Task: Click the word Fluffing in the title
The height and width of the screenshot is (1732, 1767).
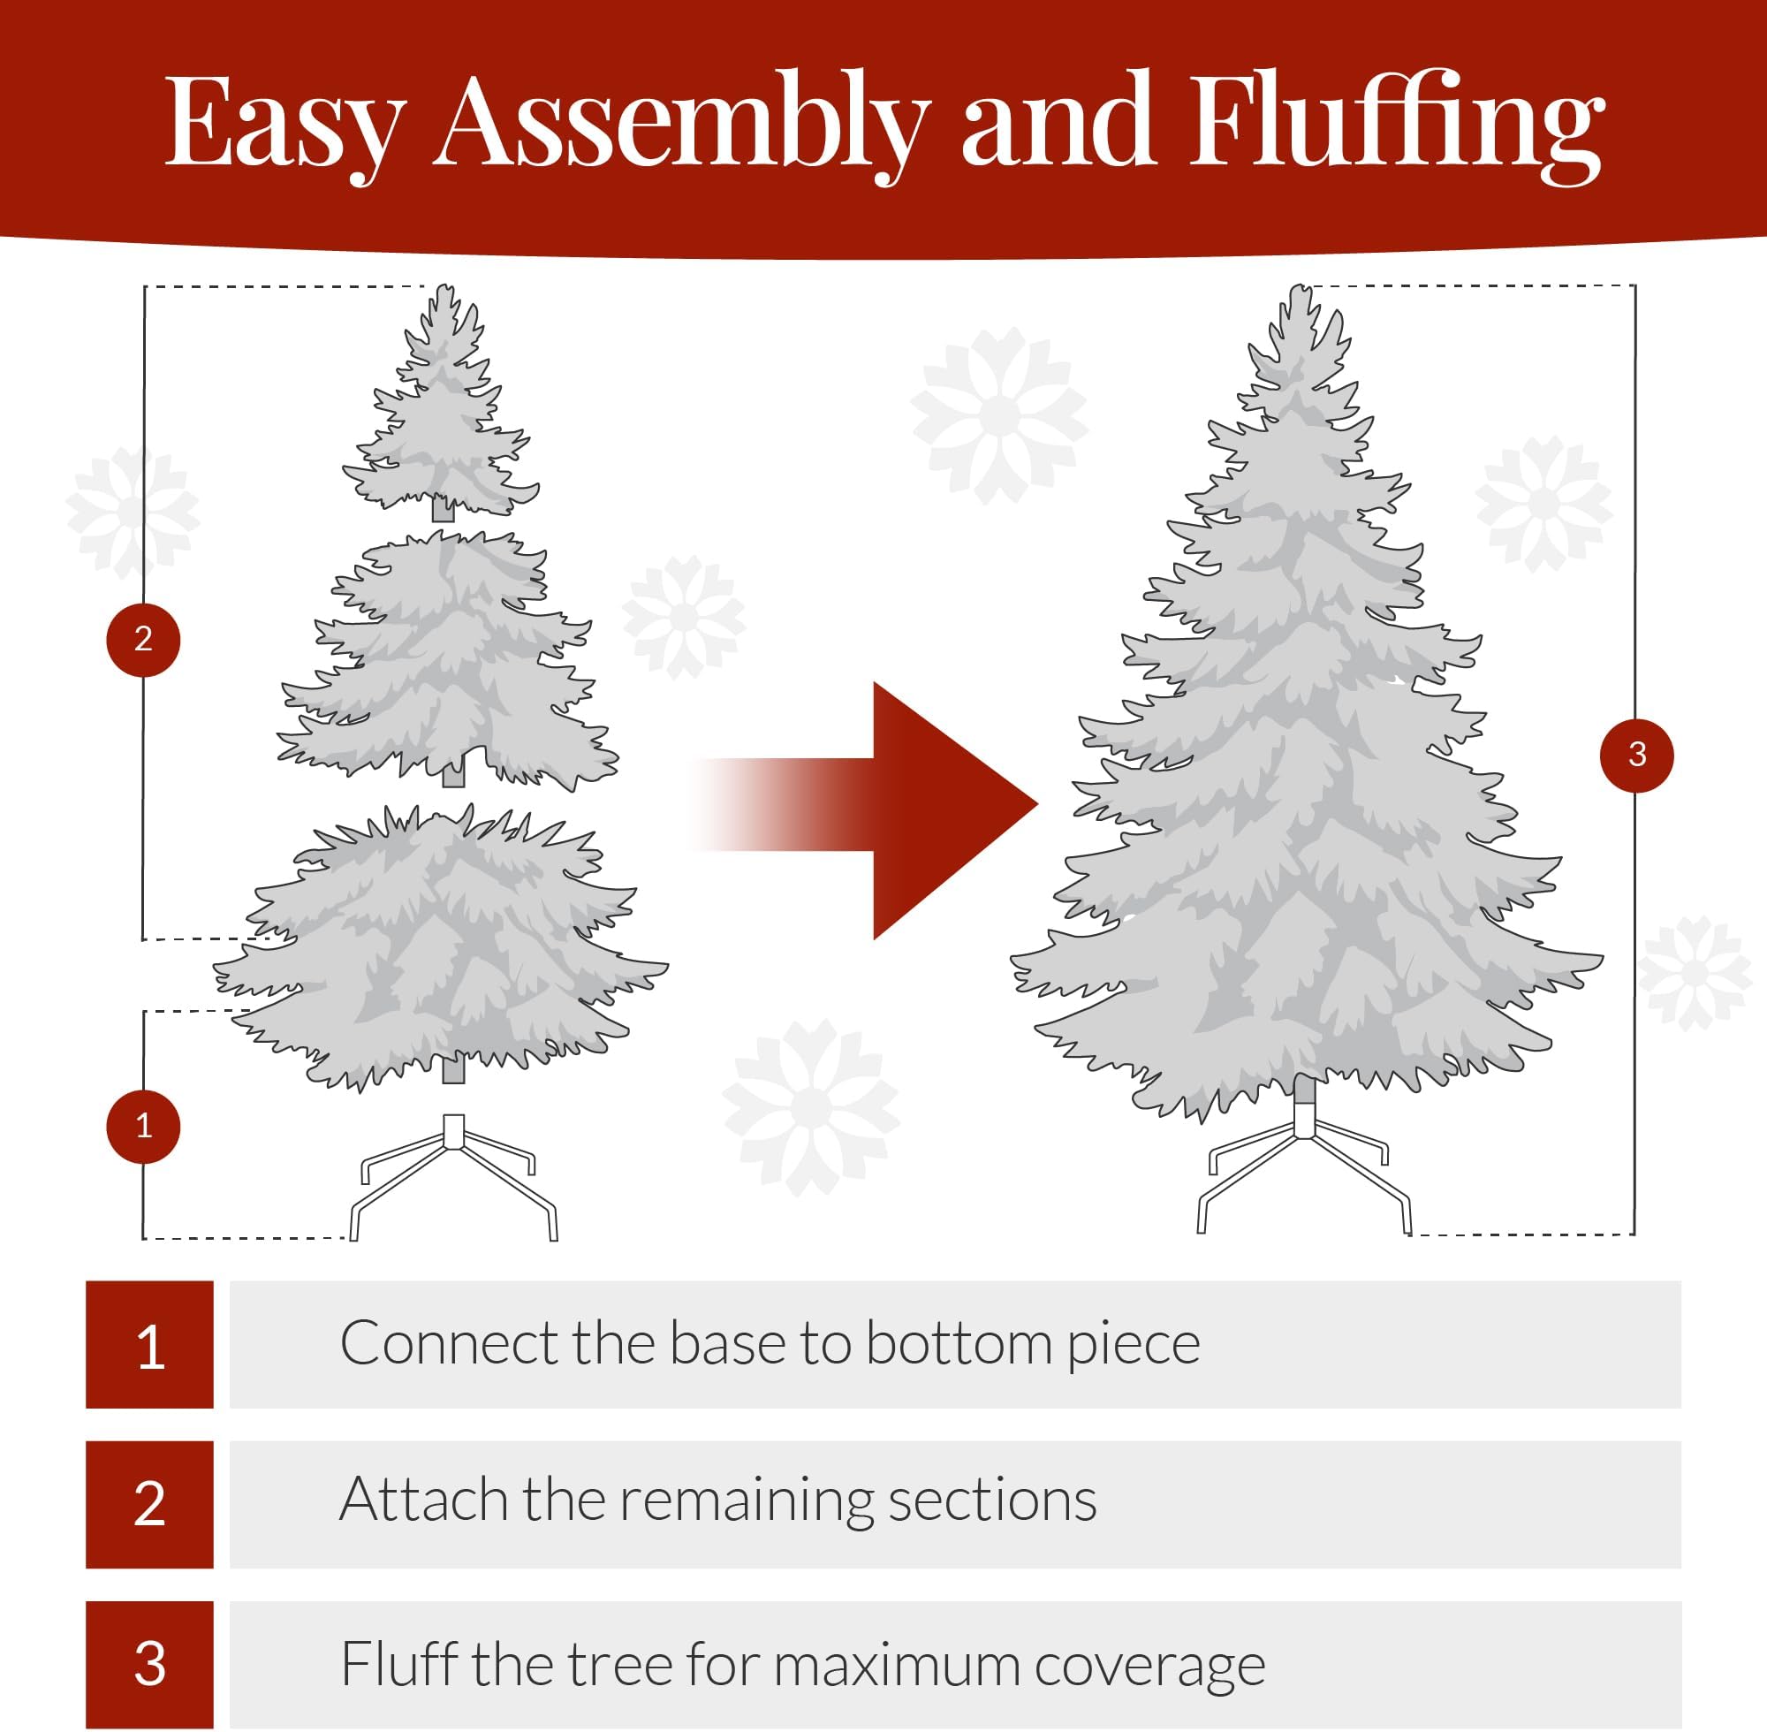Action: click(1396, 123)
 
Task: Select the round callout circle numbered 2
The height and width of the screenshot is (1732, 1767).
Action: click(144, 640)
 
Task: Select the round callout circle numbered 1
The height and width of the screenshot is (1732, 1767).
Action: click(144, 1126)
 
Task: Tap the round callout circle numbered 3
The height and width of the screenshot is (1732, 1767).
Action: click(1636, 754)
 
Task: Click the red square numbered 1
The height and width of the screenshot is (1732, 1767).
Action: click(150, 1343)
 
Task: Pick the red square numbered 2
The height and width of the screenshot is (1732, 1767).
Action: click(150, 1504)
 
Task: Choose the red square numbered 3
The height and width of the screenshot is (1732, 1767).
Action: click(150, 1664)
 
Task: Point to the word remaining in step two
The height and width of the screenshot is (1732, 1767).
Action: click(746, 1502)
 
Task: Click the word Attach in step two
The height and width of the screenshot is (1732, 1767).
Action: click(423, 1502)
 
